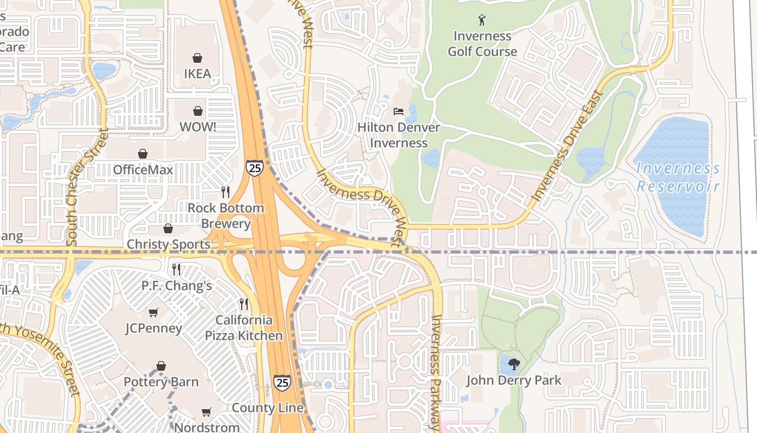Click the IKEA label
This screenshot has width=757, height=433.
(197, 74)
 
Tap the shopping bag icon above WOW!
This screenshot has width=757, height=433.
(198, 111)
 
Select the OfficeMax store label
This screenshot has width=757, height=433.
(143, 170)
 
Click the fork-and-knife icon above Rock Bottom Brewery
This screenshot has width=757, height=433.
(225, 192)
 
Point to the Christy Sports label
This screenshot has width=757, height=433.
(168, 244)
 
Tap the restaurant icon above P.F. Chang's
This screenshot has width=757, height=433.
(176, 270)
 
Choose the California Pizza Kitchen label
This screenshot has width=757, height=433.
(243, 328)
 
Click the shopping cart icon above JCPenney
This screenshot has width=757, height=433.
(154, 313)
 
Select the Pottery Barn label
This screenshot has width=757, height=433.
(161, 382)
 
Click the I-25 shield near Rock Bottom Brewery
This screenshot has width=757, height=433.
(254, 167)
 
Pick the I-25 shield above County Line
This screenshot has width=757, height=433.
(282, 383)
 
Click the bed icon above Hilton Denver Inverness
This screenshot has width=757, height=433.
(399, 111)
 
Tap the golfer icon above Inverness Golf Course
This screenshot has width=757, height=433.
(482, 21)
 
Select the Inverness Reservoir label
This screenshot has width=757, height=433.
(678, 178)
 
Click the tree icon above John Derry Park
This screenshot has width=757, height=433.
(514, 364)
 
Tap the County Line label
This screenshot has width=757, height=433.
(268, 408)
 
